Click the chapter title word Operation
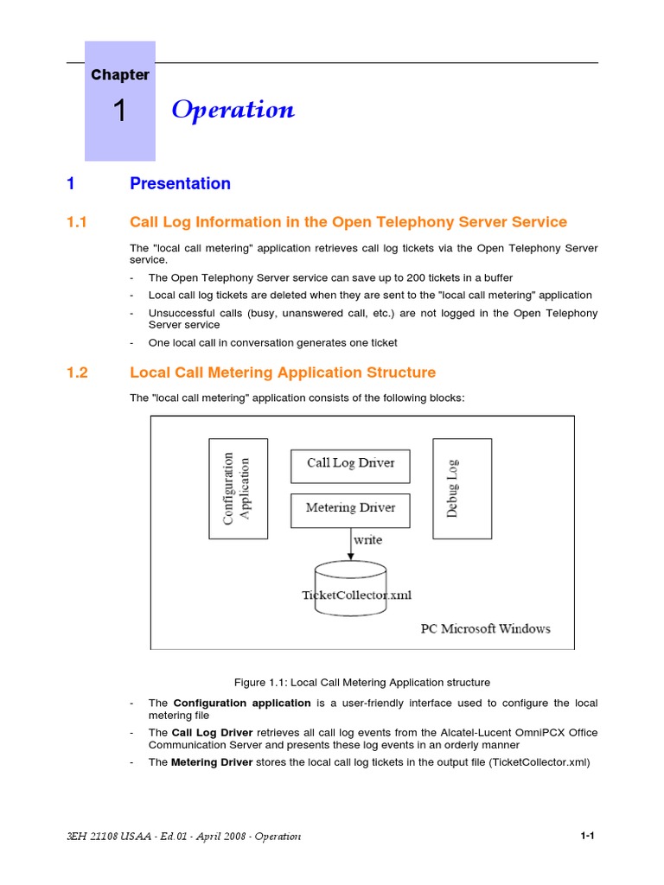pos(233,110)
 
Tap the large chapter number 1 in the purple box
pos(120,111)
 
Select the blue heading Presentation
pos(180,183)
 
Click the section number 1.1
pos(78,222)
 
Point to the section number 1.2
pos(78,372)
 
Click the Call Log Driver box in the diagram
pos(350,464)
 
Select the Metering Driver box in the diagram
pos(350,508)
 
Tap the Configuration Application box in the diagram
pos(239,488)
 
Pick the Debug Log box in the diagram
pos(462,488)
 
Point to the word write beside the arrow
pos(367,540)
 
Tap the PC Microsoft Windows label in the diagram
pos(485,628)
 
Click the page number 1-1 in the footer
pos(588,836)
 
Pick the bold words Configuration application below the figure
pos(242,703)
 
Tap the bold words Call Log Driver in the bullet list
pos(213,732)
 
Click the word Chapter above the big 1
pos(120,75)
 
